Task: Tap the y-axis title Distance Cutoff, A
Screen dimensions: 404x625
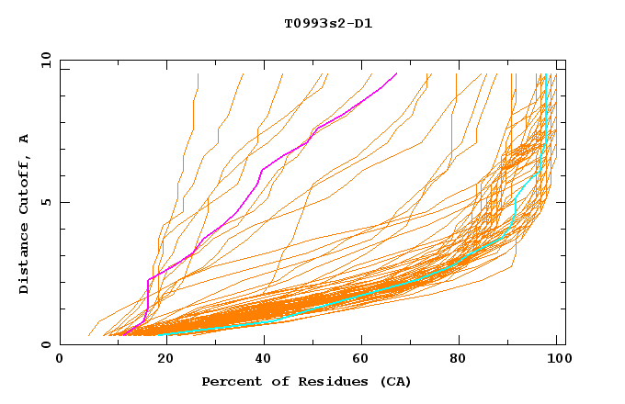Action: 24,213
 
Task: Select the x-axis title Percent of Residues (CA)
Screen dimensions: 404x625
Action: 306,381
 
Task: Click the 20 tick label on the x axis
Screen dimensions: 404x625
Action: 160,359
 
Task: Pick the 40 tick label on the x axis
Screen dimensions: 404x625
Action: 260,359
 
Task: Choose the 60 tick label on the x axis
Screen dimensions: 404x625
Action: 359,359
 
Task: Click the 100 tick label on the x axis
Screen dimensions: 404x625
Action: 555,359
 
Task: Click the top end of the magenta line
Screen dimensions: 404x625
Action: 396,73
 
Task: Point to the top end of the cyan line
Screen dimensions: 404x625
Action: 547,74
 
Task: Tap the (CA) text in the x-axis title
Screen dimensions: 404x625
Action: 392,381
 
